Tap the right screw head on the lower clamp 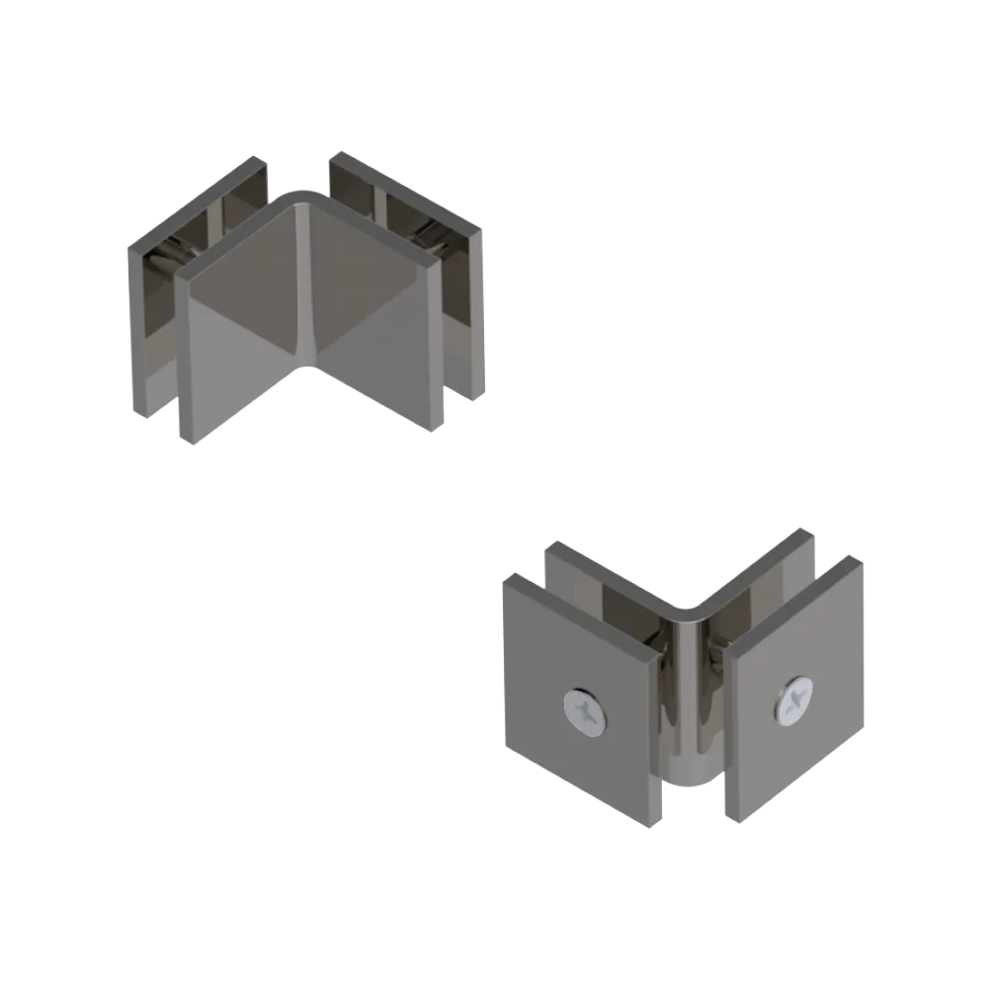pyautogui.click(x=793, y=703)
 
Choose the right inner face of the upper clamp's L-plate pyautogui.click(x=370, y=306)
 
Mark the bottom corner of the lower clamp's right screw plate pyautogui.click(x=733, y=818)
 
